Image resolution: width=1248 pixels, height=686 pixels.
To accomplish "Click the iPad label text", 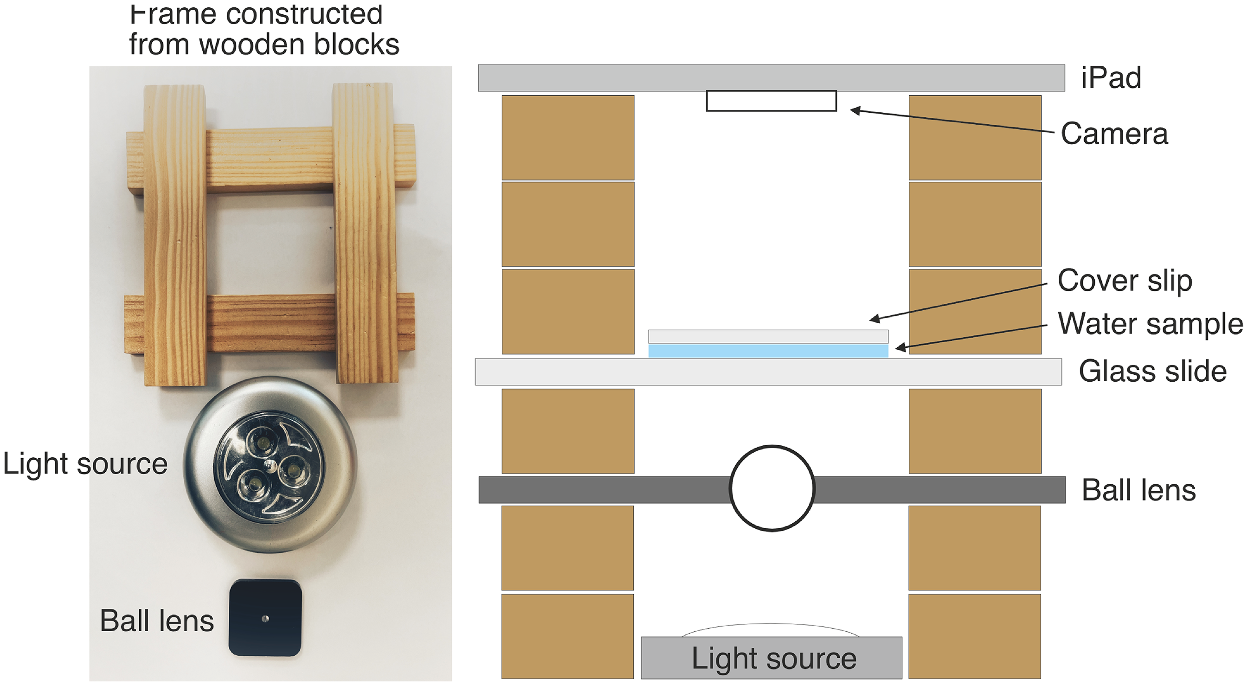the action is (1111, 78).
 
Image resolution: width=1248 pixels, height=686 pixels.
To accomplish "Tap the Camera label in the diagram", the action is (1114, 134).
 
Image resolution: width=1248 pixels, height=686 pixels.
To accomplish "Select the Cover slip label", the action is (1125, 281).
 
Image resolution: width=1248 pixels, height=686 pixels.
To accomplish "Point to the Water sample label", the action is (1150, 324).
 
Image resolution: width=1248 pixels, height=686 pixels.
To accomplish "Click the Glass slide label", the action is (1152, 372).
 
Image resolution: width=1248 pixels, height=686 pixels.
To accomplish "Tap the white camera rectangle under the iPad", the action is (771, 101).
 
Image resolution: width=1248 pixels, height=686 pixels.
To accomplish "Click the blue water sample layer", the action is (768, 351).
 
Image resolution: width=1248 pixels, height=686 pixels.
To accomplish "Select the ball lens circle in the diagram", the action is (772, 446).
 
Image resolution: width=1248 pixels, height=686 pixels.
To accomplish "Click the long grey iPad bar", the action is (771, 78).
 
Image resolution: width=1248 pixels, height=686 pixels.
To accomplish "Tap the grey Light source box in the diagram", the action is (771, 657).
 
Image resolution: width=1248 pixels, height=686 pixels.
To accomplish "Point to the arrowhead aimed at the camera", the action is (856, 111).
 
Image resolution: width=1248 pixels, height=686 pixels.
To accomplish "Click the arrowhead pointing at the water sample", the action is (901, 347).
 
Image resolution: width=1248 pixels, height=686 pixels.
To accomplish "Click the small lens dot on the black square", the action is (264, 618).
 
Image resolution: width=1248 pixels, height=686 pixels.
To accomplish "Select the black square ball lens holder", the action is (265, 618).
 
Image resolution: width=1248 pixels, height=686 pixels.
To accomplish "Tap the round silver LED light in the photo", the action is (270, 464).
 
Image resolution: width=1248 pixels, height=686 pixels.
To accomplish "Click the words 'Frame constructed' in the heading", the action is (256, 14).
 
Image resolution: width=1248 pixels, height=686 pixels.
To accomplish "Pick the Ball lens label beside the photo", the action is (156, 621).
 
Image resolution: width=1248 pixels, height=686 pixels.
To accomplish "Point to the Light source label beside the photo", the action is (85, 464).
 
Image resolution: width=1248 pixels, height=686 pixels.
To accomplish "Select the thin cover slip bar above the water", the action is (768, 337).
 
